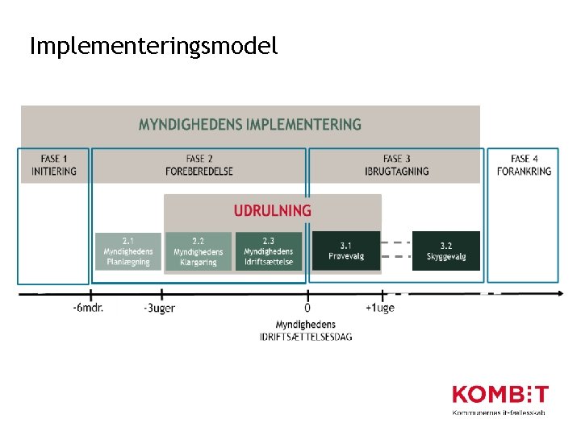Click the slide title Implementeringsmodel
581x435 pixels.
(x=153, y=46)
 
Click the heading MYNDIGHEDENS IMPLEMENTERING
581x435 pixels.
(x=250, y=125)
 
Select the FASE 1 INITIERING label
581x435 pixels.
(x=54, y=164)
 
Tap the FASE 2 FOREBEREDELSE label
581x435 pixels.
(x=199, y=164)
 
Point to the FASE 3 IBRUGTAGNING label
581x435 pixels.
(x=396, y=164)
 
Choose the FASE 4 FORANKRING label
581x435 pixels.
(x=524, y=164)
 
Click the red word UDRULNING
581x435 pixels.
(x=273, y=210)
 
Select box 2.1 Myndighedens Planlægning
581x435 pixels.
(x=128, y=251)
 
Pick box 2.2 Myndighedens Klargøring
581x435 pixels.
(x=199, y=251)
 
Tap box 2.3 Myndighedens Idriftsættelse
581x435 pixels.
(x=269, y=251)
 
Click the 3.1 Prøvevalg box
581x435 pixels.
(x=346, y=251)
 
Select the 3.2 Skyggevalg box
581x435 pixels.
(x=446, y=251)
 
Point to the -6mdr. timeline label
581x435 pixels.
(x=88, y=308)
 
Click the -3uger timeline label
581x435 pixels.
(x=159, y=308)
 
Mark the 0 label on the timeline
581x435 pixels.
(x=307, y=308)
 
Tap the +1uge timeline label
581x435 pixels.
(x=380, y=308)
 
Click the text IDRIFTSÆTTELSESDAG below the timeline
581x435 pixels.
(x=306, y=336)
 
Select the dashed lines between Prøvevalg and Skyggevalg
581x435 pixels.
(x=396, y=250)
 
